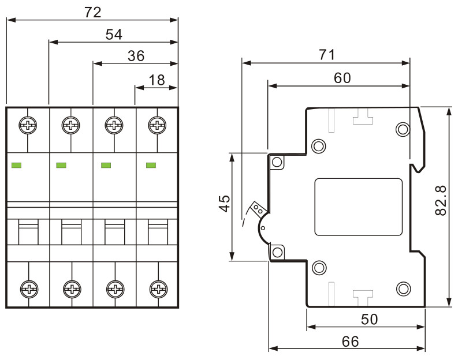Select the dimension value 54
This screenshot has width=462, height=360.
[x=114, y=35]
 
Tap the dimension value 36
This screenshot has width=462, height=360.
[x=136, y=56]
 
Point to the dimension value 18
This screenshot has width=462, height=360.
[x=157, y=80]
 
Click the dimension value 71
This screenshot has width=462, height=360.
[x=326, y=55]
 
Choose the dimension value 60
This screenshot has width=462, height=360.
[x=342, y=78]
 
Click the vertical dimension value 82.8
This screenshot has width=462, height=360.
[x=440, y=201]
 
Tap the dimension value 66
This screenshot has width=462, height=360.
[x=350, y=341]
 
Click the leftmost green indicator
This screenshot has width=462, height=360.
[x=17, y=166]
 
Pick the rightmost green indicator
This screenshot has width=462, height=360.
[x=152, y=166]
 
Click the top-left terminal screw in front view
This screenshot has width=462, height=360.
[x=27, y=124]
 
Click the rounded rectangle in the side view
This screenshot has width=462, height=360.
[x=358, y=207]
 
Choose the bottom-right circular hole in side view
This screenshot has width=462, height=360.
[x=403, y=287]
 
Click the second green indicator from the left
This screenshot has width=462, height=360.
[x=61, y=166]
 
